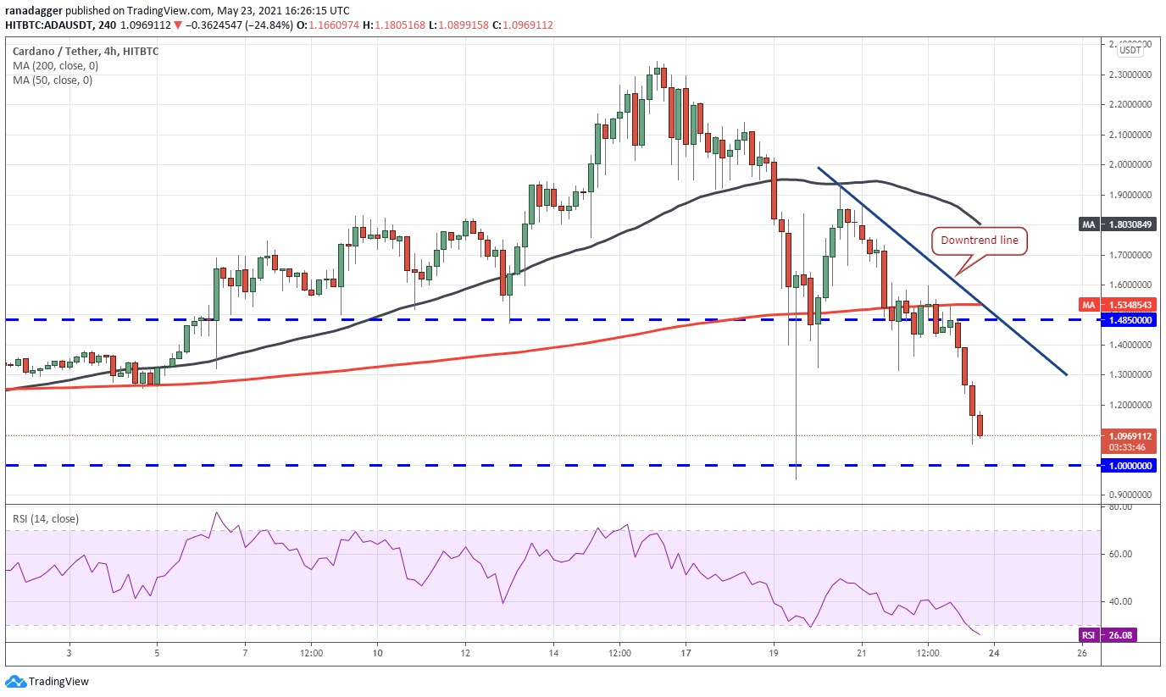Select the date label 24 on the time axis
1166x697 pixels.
tap(994, 653)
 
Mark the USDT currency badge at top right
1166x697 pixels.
tap(1130, 50)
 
